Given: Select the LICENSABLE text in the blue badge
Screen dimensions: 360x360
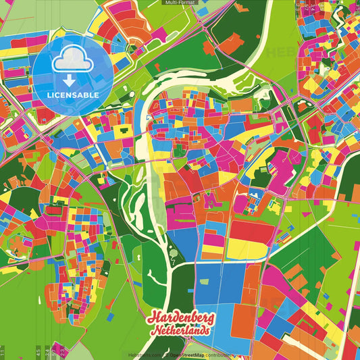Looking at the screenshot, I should (x=73, y=95).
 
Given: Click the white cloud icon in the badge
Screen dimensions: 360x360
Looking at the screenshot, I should (x=72, y=59).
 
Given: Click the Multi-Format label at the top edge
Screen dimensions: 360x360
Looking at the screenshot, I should (x=180, y=3).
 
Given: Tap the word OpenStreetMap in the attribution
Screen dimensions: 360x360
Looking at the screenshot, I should (x=188, y=355).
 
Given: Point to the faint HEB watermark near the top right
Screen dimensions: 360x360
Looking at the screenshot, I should (x=284, y=52).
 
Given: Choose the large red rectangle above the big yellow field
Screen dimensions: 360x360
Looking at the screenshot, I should (x=253, y=232).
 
